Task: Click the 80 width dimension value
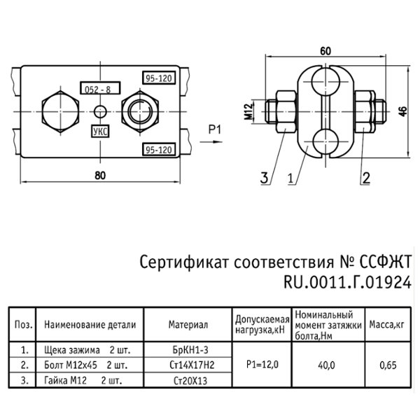(101, 175)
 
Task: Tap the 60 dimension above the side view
(323, 50)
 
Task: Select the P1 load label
(214, 128)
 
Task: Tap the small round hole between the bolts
(101, 111)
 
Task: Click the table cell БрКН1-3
(190, 348)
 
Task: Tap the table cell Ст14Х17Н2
(190, 364)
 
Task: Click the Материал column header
(189, 325)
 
